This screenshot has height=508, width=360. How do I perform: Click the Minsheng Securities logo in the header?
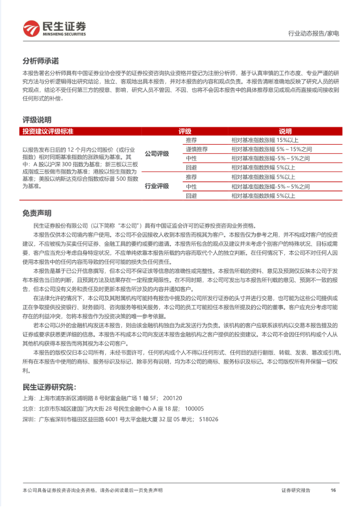[x=54, y=28]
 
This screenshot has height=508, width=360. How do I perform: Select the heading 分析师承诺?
[x=40, y=60]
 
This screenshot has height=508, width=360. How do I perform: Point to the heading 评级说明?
[x=37, y=119]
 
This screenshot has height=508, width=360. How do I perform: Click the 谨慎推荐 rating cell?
[x=196, y=148]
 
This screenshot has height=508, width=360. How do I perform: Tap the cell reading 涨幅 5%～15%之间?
[x=270, y=148]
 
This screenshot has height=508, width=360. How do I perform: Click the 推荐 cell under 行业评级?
[x=191, y=177]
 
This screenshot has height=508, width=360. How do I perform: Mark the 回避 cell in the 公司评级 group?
[x=191, y=167]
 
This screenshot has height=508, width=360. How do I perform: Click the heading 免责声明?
[x=37, y=213]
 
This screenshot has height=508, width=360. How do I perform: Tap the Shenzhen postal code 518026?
[x=208, y=418]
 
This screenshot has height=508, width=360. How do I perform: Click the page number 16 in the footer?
[x=333, y=490]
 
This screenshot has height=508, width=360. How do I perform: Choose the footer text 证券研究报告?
[x=296, y=490]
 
